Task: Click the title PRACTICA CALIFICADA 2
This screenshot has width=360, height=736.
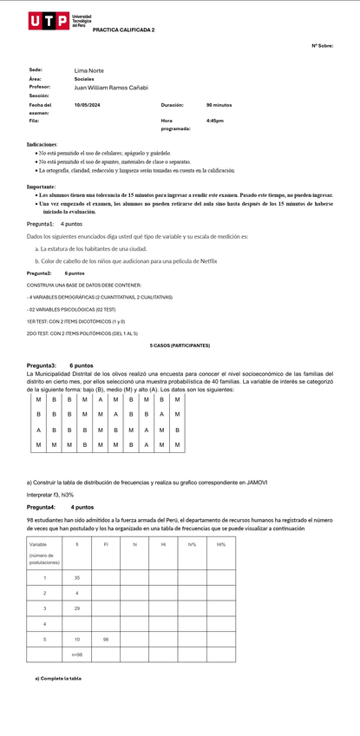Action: tap(123, 30)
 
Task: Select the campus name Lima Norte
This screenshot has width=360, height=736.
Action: tap(88, 69)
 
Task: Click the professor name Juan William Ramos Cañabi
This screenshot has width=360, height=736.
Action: tap(111, 87)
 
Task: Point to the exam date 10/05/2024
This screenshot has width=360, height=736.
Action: tap(87, 104)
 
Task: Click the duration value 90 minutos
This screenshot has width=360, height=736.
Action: tap(219, 104)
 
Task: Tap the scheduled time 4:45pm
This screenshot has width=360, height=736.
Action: tap(214, 121)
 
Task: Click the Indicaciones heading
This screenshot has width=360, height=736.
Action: tap(43, 143)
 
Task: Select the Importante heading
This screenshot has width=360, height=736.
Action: tap(42, 187)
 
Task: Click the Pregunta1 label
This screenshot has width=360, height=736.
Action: tap(40, 223)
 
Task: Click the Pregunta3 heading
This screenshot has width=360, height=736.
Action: tap(42, 365)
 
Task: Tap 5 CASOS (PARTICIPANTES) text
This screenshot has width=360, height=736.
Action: tap(180, 345)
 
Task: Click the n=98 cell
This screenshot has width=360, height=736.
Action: tap(77, 654)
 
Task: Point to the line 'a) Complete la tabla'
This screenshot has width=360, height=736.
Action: tap(58, 678)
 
